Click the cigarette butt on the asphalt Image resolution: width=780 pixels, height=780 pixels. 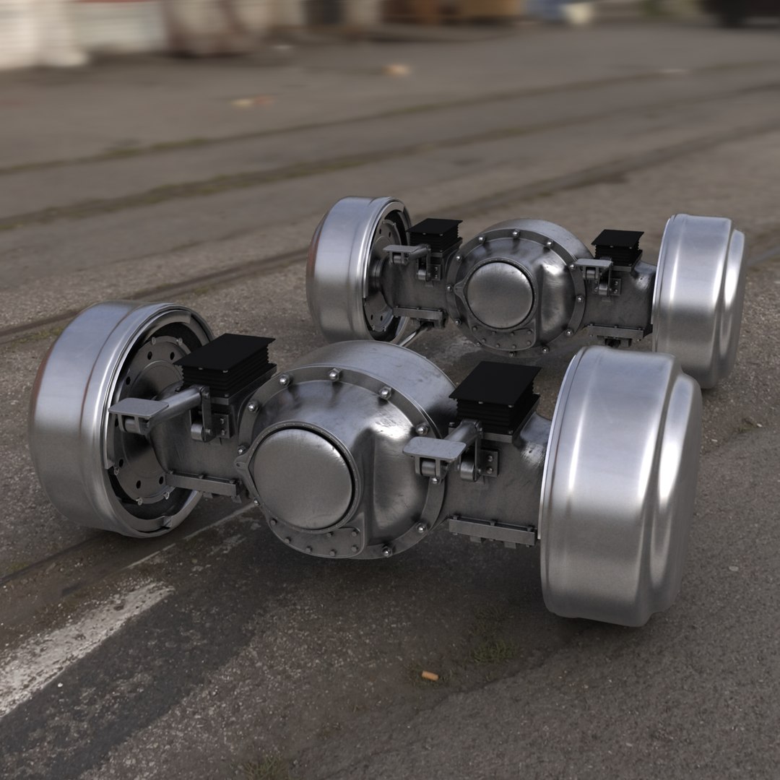[430, 676]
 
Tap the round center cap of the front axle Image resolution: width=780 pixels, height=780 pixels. [303, 477]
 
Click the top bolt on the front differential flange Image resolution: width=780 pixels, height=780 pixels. [333, 374]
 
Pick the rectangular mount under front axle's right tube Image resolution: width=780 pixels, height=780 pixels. [492, 532]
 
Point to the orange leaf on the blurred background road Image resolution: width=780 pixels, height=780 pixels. [396, 70]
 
